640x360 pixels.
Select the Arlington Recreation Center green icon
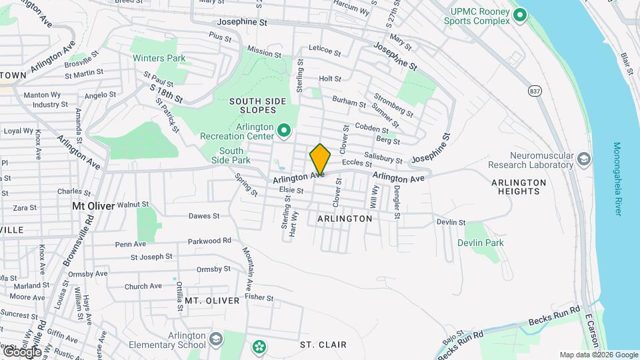pos(284,131)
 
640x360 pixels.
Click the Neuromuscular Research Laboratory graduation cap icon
pos(584,159)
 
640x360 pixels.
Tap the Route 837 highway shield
pos(535,90)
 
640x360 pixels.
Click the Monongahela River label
pos(617,179)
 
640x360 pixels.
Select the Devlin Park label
pos(481,243)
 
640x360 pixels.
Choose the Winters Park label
pos(159,59)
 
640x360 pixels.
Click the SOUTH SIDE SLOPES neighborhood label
pos(257,107)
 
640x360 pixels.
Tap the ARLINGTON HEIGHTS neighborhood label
pos(518,187)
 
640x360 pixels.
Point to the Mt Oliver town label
pos(93,206)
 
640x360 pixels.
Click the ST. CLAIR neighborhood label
pos(323,345)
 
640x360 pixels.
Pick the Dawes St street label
pos(204,216)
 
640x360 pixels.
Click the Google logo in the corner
pos(21,351)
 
